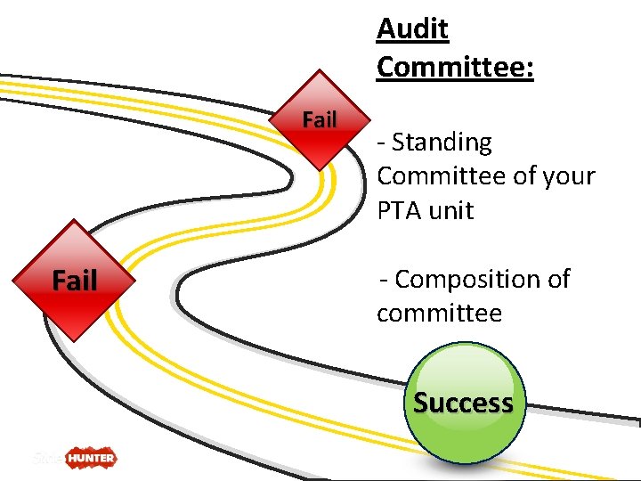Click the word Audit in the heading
(412, 29)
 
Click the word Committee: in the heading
(455, 66)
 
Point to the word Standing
(442, 143)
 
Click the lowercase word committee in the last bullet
(439, 314)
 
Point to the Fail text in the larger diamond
(75, 281)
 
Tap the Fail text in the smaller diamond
(320, 118)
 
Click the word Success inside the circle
(464, 403)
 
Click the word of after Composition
(558, 280)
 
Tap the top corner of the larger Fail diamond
(75, 220)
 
